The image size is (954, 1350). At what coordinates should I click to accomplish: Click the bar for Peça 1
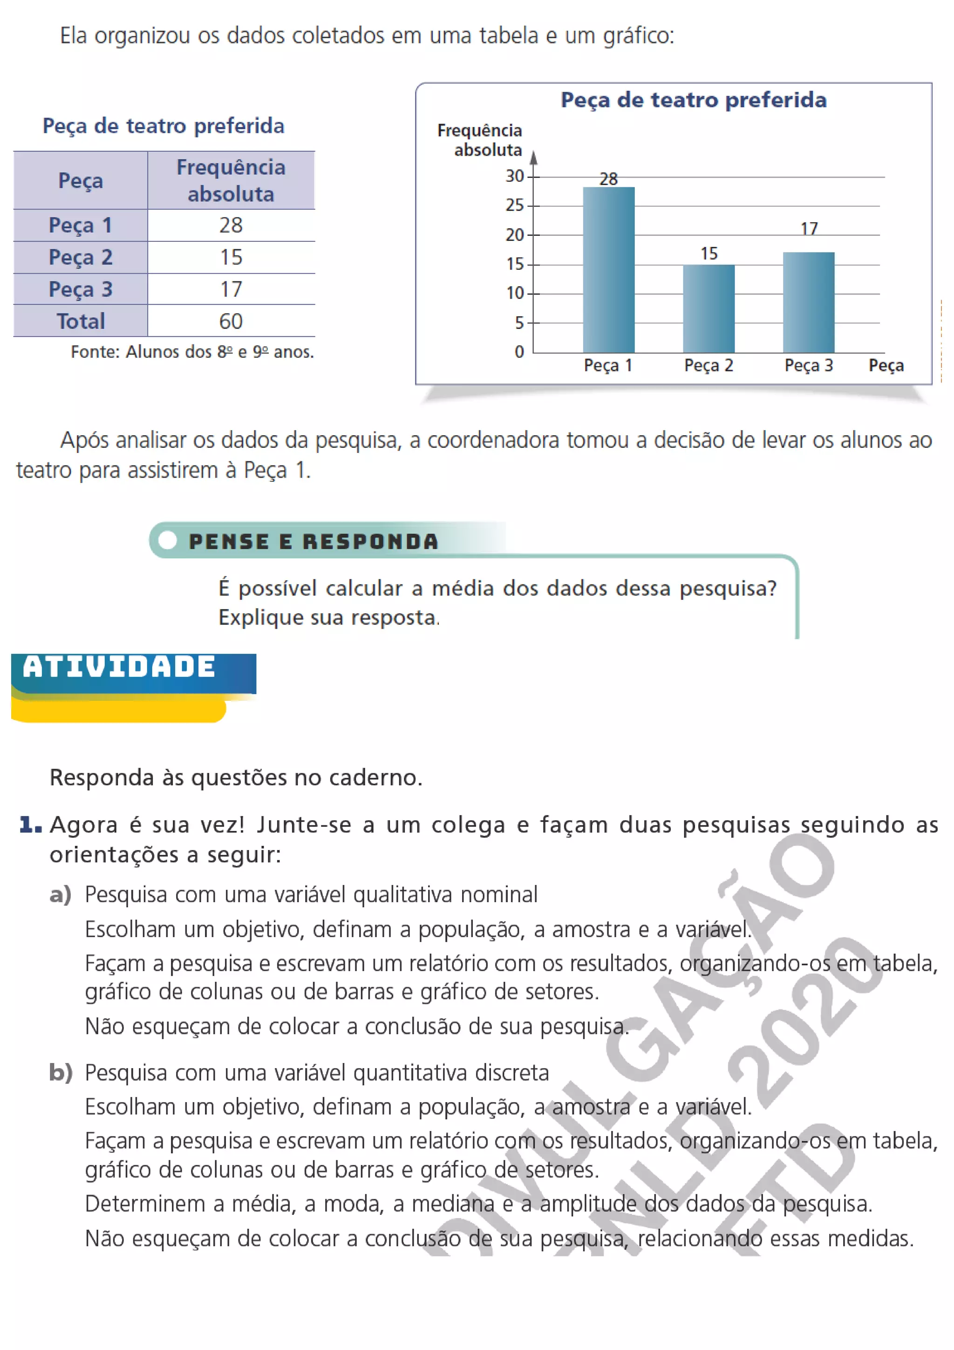(608, 270)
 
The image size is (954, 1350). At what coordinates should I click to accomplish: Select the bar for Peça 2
(709, 308)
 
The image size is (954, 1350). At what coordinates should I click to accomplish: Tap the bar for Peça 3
(808, 302)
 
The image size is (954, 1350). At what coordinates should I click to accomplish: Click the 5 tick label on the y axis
(518, 323)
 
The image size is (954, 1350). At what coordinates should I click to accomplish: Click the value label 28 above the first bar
(608, 179)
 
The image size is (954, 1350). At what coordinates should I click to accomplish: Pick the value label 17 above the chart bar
(809, 228)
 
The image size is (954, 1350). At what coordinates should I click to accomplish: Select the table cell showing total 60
(231, 321)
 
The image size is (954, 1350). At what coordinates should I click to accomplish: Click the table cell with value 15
(231, 257)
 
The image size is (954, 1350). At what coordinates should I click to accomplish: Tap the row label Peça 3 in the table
(81, 289)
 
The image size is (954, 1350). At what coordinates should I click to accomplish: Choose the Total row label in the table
(81, 321)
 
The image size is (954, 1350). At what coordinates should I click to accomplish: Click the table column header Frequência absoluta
(231, 180)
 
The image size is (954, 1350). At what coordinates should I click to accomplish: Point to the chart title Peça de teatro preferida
(694, 100)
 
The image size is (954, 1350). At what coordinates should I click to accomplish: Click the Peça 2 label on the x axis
(709, 366)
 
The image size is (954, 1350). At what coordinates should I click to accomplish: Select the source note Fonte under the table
(192, 352)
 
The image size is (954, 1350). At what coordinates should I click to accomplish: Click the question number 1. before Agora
(31, 825)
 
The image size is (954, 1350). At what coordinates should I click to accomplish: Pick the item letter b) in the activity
(61, 1072)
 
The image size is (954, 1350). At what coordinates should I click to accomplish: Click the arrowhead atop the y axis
(534, 158)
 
